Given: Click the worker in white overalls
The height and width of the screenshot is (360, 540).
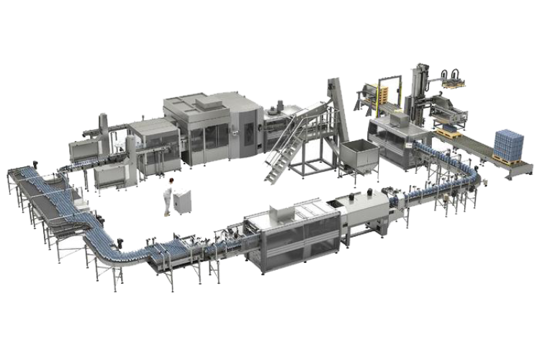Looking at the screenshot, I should tap(168, 197).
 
